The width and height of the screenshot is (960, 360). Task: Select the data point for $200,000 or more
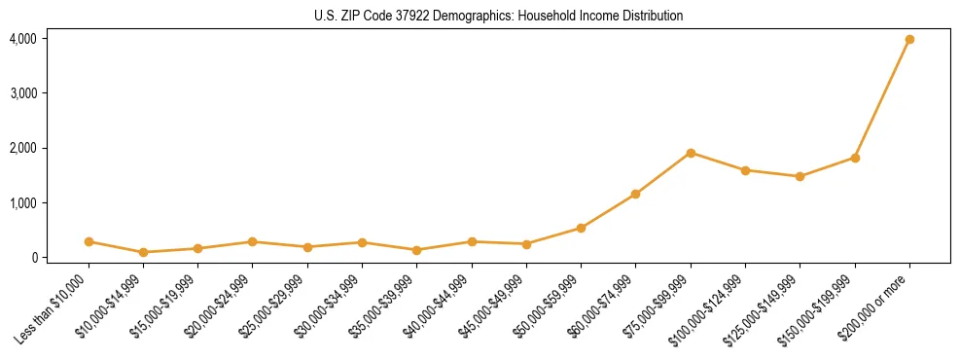909,39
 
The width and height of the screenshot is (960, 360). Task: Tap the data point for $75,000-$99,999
691,153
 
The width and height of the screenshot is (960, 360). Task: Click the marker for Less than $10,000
89,241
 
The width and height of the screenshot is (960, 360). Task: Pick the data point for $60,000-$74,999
635,195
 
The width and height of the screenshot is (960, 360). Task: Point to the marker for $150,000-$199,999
855,158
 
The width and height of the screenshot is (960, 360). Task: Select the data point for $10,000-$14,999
143,252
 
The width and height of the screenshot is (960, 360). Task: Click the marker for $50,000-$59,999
581,228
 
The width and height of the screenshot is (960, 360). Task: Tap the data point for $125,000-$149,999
800,176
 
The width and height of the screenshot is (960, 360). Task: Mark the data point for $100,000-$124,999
745,170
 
